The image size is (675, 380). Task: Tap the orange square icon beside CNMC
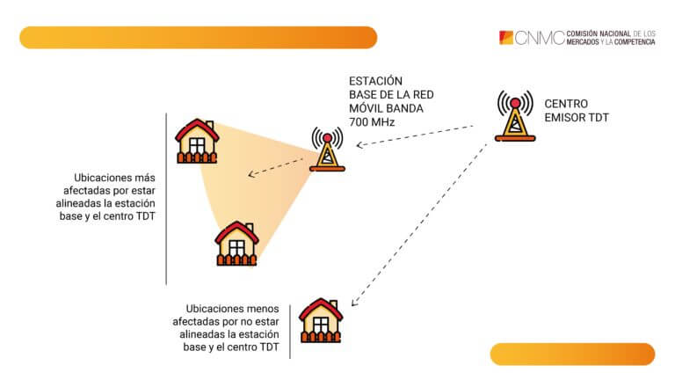[505, 38]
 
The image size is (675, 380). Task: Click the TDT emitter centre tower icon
[514, 115]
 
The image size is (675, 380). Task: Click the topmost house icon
[197, 141]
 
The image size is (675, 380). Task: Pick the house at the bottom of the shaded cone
[237, 243]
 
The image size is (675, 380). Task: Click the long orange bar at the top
[198, 38]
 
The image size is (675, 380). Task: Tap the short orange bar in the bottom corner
[572, 354]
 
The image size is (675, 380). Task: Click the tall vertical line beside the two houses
[166, 198]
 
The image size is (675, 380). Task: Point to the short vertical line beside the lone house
[289, 329]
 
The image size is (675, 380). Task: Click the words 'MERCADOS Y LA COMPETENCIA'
[611, 42]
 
